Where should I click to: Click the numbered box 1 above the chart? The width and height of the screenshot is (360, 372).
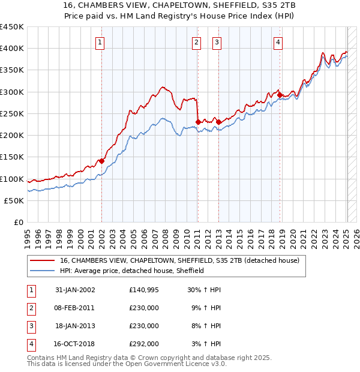pos(100,42)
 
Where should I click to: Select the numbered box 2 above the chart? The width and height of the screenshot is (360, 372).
pos(197,42)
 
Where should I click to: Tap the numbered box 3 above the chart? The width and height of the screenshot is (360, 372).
pos(217,42)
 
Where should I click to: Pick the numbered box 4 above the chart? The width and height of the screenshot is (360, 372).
pos(278,42)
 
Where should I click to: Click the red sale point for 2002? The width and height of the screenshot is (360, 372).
pos(101,161)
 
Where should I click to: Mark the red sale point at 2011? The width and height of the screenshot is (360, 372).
pos(198,122)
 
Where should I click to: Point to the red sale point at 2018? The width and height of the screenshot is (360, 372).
pos(280,95)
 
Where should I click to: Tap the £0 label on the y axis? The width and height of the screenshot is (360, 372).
pos(18,223)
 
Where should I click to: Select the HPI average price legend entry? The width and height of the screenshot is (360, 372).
pos(132,271)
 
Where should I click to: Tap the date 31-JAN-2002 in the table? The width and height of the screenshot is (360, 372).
pos(75,290)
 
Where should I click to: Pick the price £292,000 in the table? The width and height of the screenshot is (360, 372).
pos(144,344)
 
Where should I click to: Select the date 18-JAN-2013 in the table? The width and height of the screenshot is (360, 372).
pos(75,326)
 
